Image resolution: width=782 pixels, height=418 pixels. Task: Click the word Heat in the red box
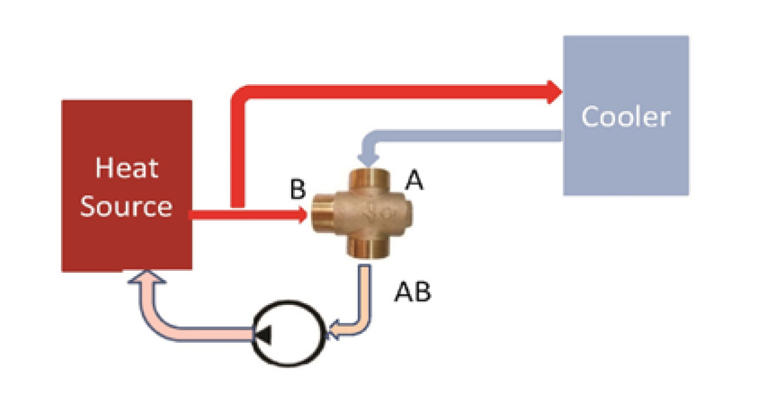(127, 168)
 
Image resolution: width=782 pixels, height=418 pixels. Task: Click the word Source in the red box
(126, 206)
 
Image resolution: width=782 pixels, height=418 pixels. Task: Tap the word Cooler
(625, 117)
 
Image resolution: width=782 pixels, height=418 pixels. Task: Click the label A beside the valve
(414, 180)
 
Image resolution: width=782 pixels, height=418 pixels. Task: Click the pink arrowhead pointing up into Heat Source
(139, 277)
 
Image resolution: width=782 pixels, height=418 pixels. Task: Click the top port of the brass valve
(366, 178)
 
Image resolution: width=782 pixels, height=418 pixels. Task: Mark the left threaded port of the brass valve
(323, 215)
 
